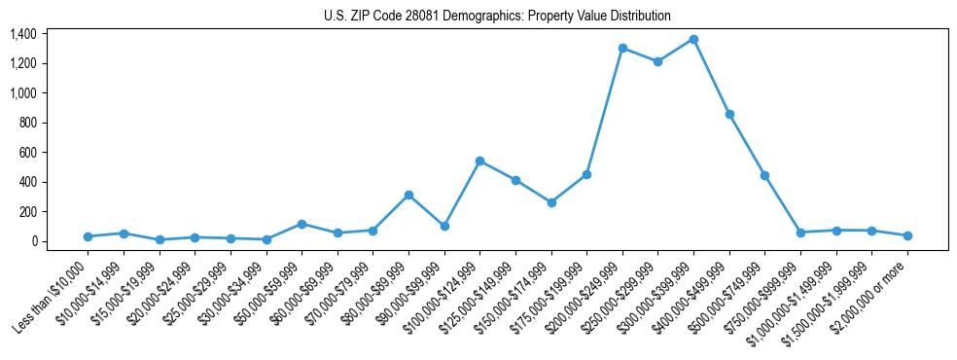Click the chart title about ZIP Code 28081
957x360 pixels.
coord(497,16)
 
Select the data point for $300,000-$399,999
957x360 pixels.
coord(693,39)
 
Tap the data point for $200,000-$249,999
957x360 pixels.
coord(622,48)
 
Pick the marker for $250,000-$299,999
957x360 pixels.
coord(658,61)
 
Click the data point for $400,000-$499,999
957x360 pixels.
coord(729,114)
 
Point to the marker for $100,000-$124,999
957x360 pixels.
coord(479,161)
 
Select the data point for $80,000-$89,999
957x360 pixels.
coord(408,195)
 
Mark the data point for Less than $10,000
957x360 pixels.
coord(88,236)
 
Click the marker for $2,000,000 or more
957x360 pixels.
coord(907,235)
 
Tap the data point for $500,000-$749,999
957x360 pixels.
coord(765,175)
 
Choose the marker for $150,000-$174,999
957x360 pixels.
coord(551,202)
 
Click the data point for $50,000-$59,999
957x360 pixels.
coord(301,224)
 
